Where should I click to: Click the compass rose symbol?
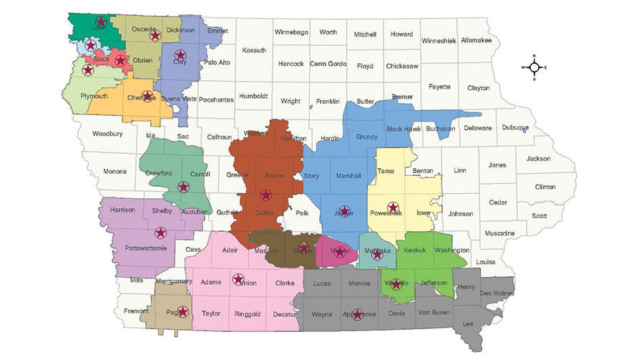click(534, 67)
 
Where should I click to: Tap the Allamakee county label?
click(476, 41)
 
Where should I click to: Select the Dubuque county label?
click(514, 128)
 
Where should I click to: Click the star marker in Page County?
click(182, 312)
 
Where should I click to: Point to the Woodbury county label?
click(107, 134)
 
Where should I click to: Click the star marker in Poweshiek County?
click(391, 208)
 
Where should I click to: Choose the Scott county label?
click(540, 215)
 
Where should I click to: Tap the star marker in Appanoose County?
click(357, 313)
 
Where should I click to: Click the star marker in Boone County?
click(265, 195)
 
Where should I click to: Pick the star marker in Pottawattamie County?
click(160, 233)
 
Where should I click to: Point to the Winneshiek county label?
click(439, 41)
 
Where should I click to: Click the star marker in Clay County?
click(180, 55)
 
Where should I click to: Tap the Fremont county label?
click(136, 311)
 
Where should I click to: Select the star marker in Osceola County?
click(154, 34)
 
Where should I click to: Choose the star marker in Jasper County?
click(344, 211)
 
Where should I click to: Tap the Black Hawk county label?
click(404, 129)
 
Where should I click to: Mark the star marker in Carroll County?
click(183, 187)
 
